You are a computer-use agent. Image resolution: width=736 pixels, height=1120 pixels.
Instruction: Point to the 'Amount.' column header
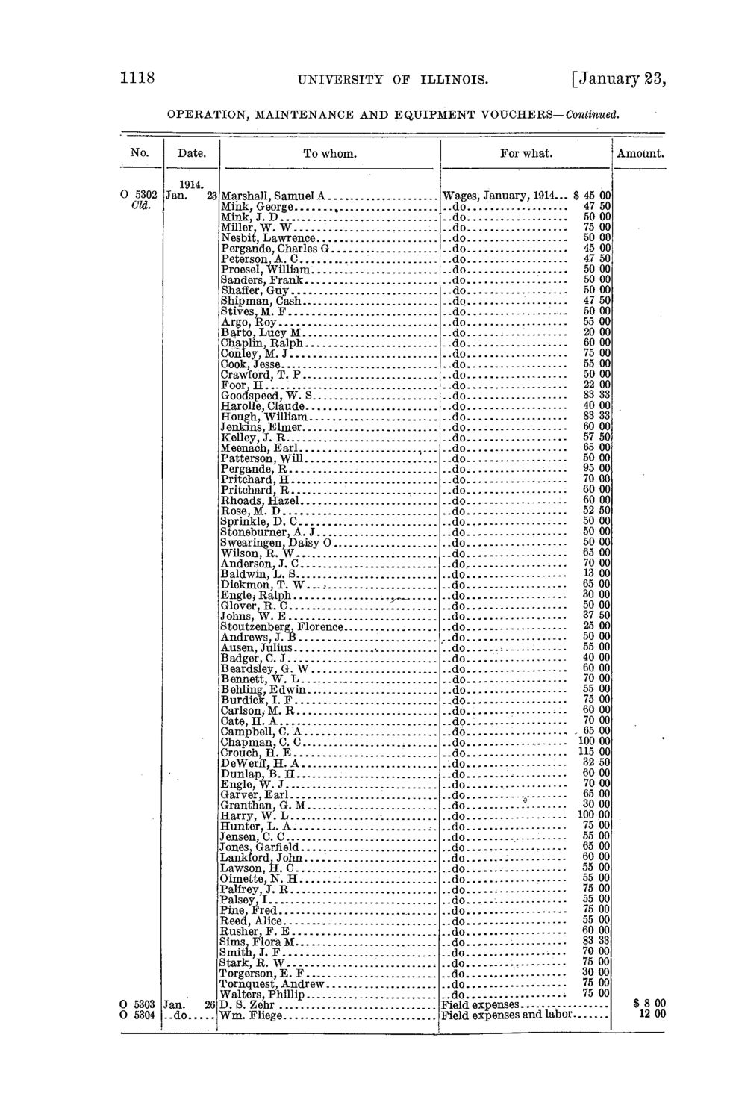click(640, 154)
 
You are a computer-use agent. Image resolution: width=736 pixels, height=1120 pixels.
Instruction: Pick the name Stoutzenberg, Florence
click(282, 626)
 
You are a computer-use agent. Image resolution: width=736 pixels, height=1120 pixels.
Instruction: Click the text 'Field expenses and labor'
click(507, 1015)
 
